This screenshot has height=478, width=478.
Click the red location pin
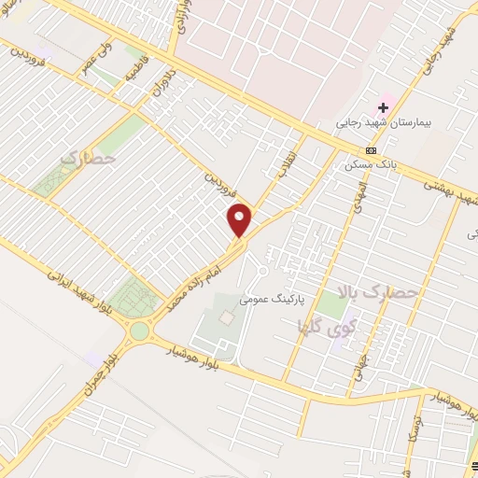[x=240, y=220]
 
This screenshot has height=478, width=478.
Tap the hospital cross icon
[x=383, y=108]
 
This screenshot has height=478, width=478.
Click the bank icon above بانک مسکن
[x=372, y=150]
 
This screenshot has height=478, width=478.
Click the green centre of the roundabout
[x=140, y=330]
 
